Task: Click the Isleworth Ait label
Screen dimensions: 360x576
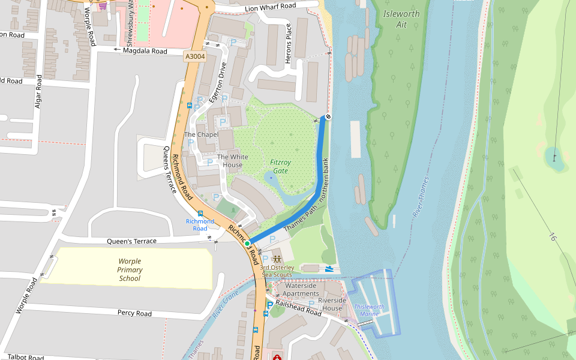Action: pyautogui.click(x=401, y=19)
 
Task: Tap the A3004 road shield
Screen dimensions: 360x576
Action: pyautogui.click(x=195, y=56)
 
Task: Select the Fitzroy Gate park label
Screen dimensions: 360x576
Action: pyautogui.click(x=280, y=166)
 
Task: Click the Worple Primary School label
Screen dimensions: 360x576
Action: pyautogui.click(x=130, y=269)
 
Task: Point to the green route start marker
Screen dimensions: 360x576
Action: pyautogui.click(x=247, y=243)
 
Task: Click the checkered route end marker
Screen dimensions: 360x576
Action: pyautogui.click(x=328, y=117)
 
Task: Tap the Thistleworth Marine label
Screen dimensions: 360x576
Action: pyautogui.click(x=370, y=310)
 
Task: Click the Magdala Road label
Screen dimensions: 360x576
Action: pyautogui.click(x=145, y=52)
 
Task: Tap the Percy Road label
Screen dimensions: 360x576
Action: pyautogui.click(x=134, y=313)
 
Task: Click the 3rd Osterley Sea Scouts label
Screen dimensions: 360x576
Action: pyautogui.click(x=277, y=271)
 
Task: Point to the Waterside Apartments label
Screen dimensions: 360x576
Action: pyautogui.click(x=302, y=290)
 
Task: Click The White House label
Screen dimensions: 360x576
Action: pyautogui.click(x=232, y=161)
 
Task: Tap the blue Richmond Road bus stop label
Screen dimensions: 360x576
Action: pyautogui.click(x=200, y=225)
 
